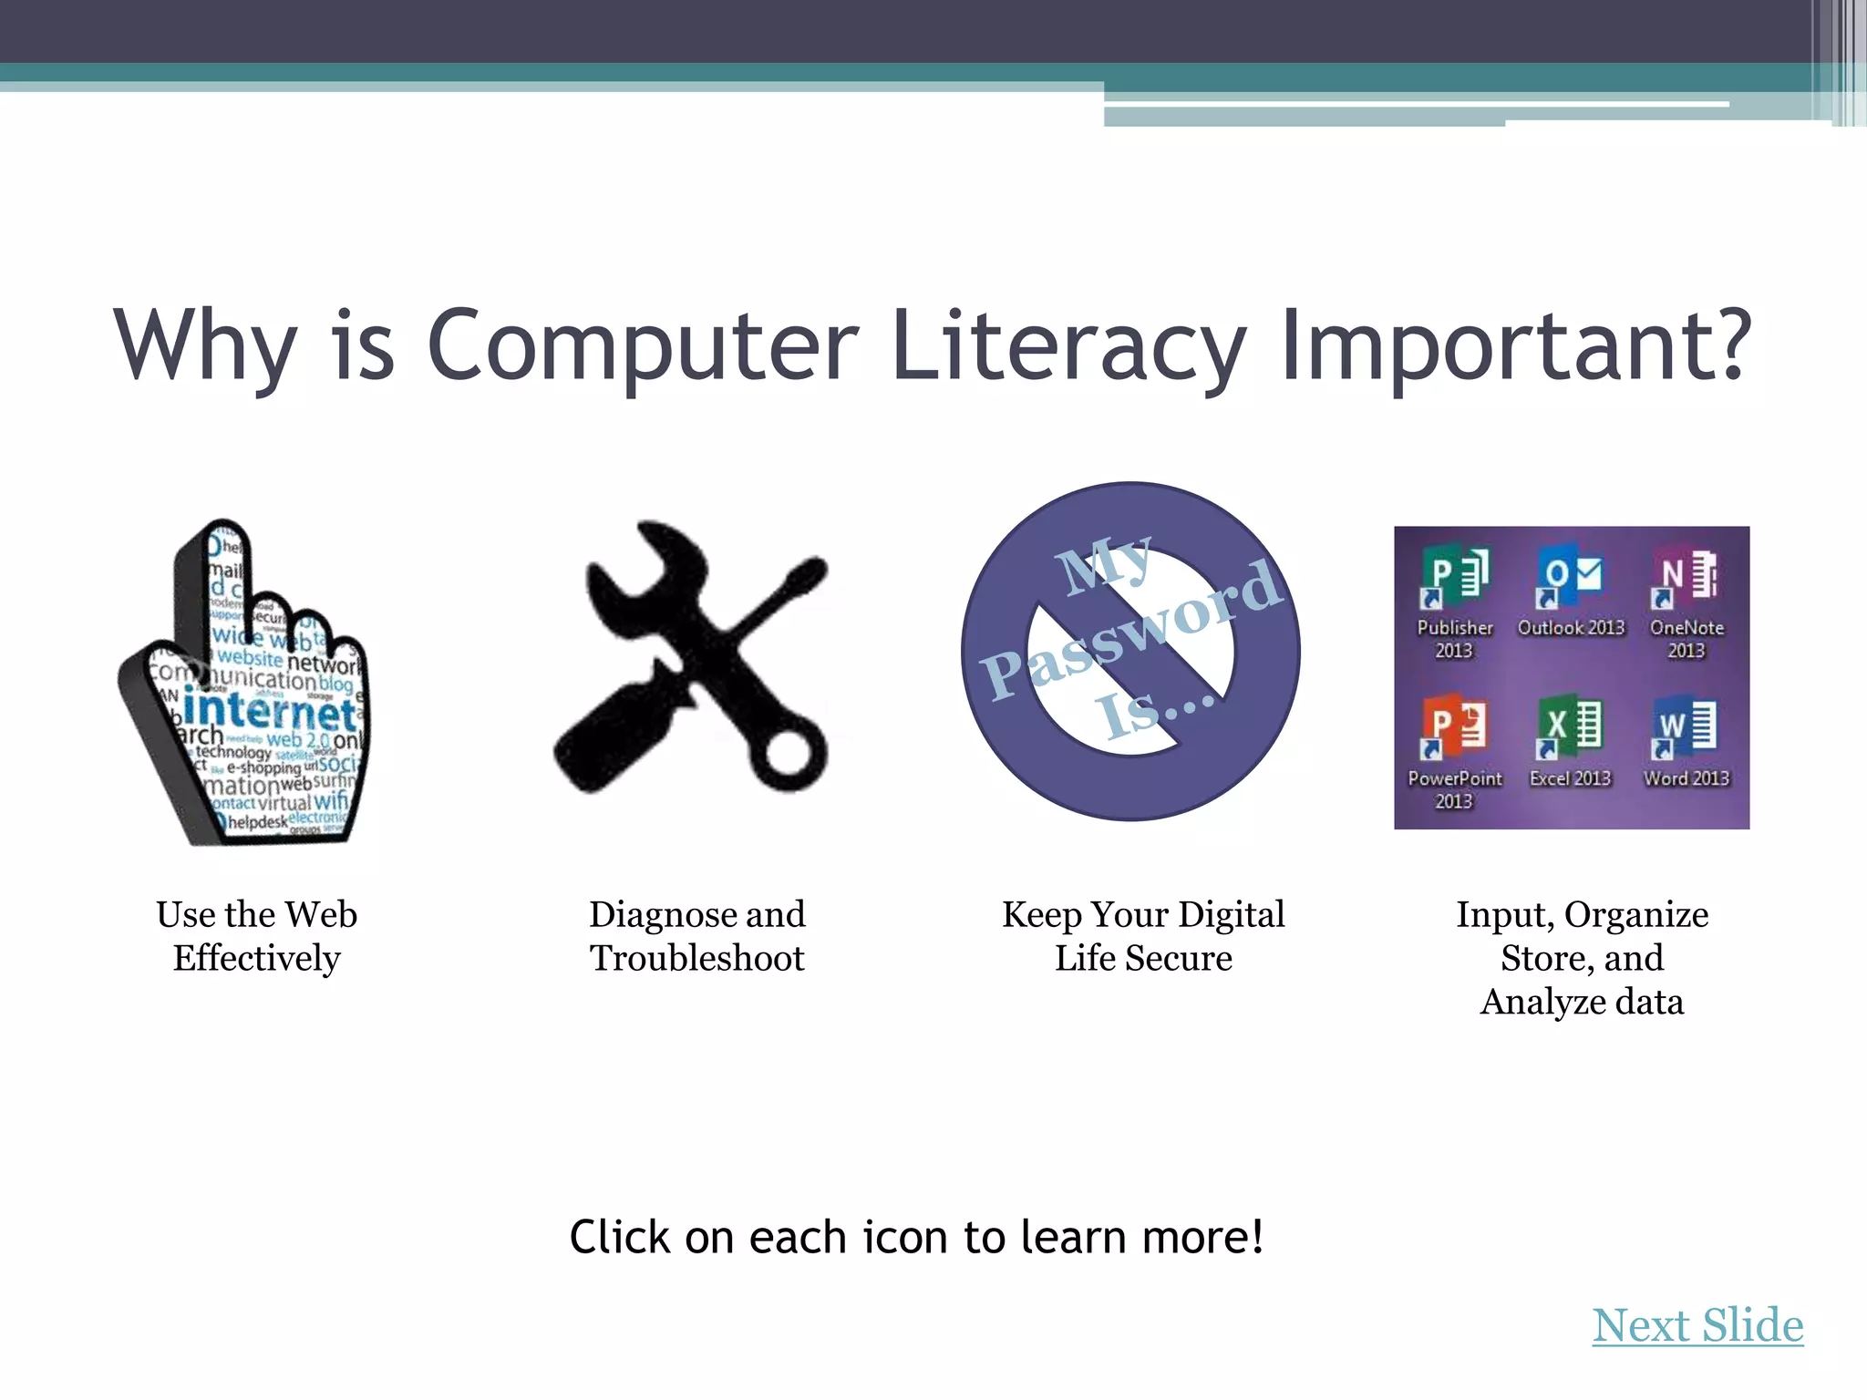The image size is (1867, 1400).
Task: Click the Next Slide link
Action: tap(1697, 1326)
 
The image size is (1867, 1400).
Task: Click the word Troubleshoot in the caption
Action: tap(697, 959)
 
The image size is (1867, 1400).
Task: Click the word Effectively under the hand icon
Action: tap(257, 959)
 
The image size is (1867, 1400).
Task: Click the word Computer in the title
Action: tap(643, 346)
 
